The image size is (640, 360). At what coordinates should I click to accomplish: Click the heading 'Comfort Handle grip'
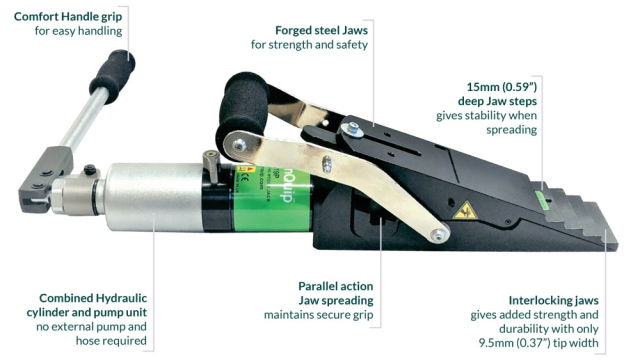(68, 17)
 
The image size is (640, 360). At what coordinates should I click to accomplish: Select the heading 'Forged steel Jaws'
(322, 31)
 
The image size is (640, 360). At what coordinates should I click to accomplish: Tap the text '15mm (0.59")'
(502, 87)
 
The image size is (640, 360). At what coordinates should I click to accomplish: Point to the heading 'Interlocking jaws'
(553, 300)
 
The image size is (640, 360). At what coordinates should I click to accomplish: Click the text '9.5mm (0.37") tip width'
(539, 343)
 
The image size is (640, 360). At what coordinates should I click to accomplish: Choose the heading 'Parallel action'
(336, 286)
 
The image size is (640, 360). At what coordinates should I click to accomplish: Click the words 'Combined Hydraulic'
(93, 298)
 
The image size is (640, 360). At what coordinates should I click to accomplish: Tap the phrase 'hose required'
(111, 341)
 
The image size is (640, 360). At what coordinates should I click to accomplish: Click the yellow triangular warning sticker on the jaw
(465, 210)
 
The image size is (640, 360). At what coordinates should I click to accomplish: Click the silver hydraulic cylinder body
(154, 196)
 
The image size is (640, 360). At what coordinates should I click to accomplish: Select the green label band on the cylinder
(273, 197)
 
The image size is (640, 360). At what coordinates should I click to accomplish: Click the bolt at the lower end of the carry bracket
(439, 234)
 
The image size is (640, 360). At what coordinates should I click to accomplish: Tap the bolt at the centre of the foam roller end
(240, 144)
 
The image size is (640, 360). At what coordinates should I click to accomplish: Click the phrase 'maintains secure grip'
(318, 315)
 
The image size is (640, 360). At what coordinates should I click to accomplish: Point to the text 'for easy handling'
(78, 31)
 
